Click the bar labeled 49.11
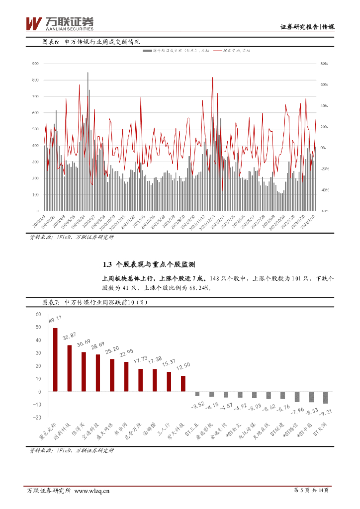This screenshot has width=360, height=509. [x=55, y=359]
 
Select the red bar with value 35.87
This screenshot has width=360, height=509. [x=70, y=368]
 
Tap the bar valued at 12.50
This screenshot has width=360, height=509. [x=183, y=383]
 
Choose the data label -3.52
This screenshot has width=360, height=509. [x=197, y=405]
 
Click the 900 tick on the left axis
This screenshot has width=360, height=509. [x=35, y=64]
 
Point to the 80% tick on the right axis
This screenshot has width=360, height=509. [x=324, y=64]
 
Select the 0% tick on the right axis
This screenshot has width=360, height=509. [x=323, y=148]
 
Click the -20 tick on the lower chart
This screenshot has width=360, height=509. [x=37, y=417]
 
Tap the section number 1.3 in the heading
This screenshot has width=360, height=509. [x=107, y=264]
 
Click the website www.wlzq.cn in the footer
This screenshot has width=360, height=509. [x=91, y=491]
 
